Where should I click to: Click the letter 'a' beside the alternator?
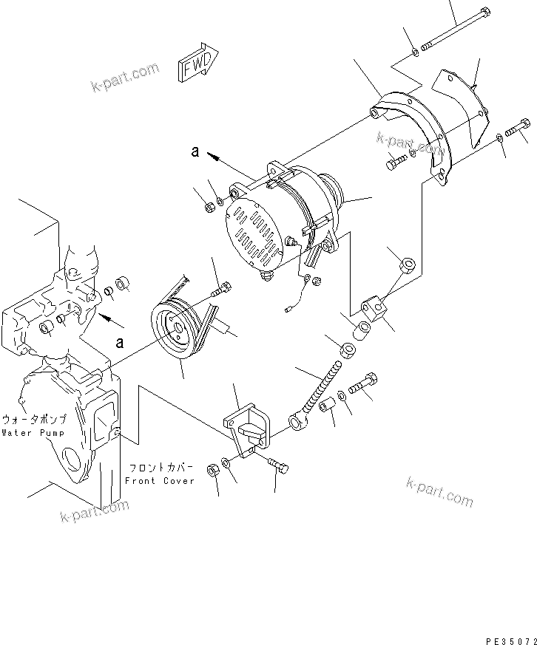click(x=195, y=151)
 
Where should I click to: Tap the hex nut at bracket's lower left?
click(x=211, y=469)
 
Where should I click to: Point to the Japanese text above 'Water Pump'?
click(x=35, y=418)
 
